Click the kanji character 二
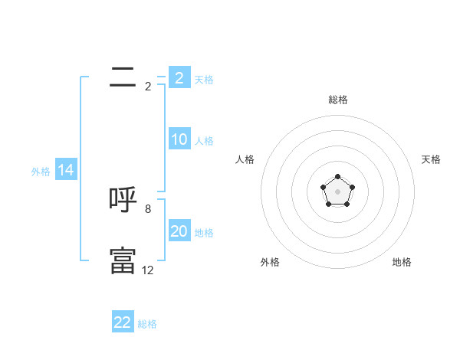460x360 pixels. tap(123, 76)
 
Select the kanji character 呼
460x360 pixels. tap(123, 200)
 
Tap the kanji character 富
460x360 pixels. tap(123, 261)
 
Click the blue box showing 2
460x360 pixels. tap(179, 77)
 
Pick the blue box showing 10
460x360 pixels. tap(179, 139)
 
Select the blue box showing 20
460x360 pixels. tap(179, 231)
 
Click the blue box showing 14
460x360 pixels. tap(66, 170)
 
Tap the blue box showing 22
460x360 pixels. tap(123, 322)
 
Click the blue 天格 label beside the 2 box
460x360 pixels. tap(204, 80)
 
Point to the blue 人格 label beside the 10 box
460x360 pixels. tap(204, 141)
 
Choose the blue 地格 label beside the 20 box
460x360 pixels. tap(204, 233)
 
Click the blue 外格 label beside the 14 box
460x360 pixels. tap(41, 172)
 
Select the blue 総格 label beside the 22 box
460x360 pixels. tap(147, 324)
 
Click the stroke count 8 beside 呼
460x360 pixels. tap(148, 208)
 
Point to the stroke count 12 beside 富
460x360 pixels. tap(148, 270)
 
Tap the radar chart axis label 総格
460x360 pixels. tap(337, 100)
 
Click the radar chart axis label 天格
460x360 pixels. tap(432, 159)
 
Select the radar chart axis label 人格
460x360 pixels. tap(245, 159)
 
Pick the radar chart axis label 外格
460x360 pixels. tap(270, 262)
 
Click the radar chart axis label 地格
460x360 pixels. tap(402, 262)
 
